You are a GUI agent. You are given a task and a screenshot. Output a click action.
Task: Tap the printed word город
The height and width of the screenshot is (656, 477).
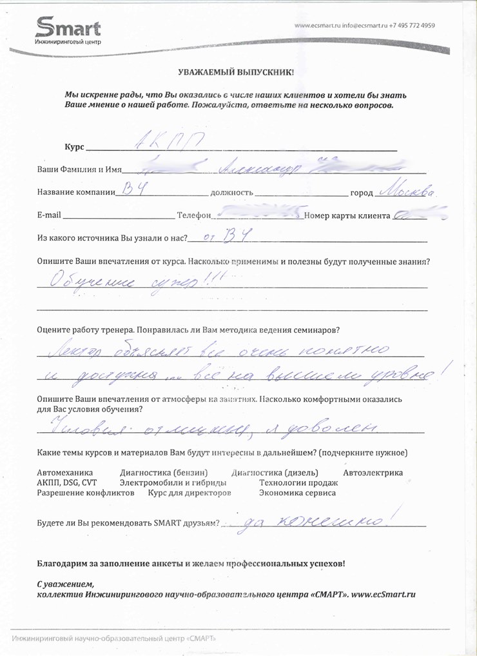[362, 193]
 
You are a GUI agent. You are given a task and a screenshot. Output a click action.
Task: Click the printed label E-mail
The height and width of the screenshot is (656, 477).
[48, 215]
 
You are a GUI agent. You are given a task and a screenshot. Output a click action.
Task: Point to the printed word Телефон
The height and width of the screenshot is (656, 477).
[193, 215]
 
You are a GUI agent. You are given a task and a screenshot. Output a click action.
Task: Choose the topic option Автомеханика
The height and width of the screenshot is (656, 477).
[65, 473]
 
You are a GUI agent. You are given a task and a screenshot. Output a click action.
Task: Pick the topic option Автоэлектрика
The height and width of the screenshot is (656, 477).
[373, 473]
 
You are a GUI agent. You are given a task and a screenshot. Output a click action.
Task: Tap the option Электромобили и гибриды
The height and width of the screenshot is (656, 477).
[173, 483]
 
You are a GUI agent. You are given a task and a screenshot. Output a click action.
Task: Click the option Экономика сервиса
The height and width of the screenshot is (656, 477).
[297, 493]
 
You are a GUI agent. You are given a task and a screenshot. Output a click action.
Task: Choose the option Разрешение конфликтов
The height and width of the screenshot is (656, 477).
[86, 493]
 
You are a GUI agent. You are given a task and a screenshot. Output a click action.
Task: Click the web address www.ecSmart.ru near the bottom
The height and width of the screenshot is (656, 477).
[382, 593]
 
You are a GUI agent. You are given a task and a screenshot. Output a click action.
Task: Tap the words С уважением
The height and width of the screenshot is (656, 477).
[65, 583]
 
